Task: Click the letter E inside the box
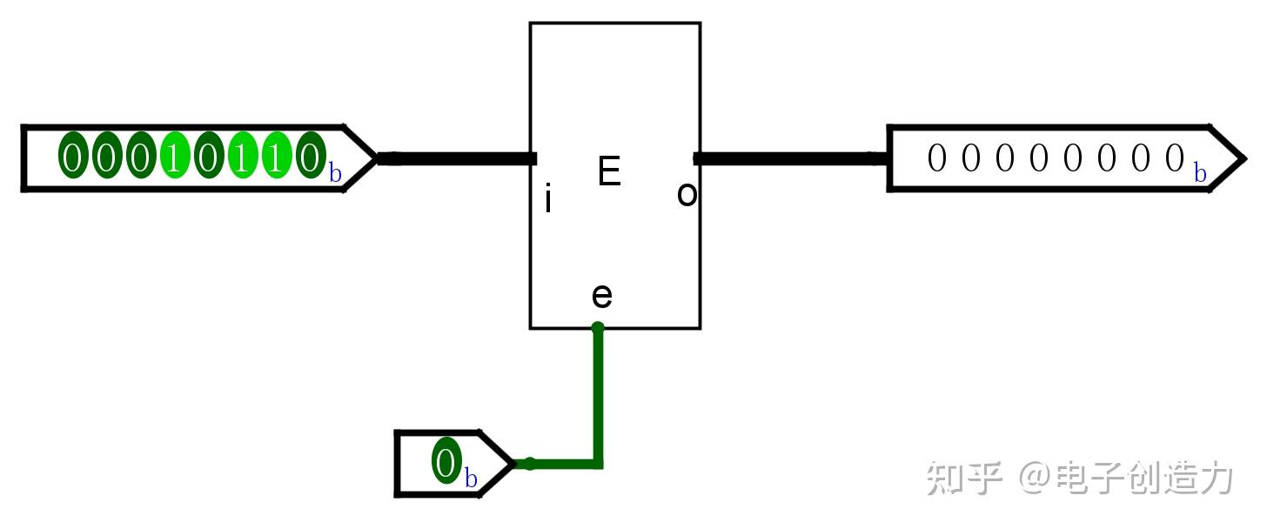(x=609, y=171)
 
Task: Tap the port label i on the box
(x=547, y=198)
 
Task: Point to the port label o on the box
(x=687, y=194)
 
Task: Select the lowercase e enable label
(x=602, y=296)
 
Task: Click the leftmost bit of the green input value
(x=73, y=156)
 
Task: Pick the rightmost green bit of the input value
(x=311, y=156)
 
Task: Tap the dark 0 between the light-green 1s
(x=209, y=156)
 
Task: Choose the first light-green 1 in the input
(x=175, y=156)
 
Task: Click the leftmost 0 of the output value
(x=936, y=157)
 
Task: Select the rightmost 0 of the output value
(x=1174, y=157)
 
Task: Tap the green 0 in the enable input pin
(x=446, y=460)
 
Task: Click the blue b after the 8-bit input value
(x=335, y=172)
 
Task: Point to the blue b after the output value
(x=1200, y=172)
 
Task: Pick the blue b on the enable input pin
(x=471, y=478)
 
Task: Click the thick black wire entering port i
(x=457, y=158)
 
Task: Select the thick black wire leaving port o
(x=791, y=158)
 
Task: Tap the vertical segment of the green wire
(x=598, y=396)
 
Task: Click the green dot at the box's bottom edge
(x=598, y=327)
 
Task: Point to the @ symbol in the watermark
(x=1035, y=478)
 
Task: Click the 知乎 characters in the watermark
(x=964, y=478)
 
